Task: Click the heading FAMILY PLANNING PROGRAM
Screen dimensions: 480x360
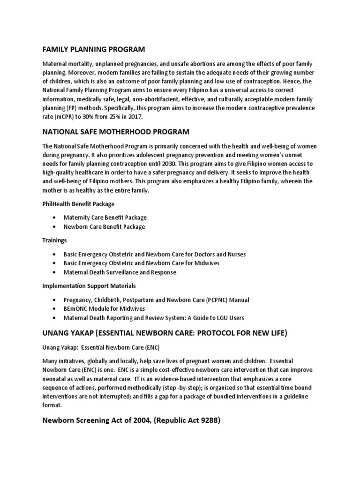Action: coord(94,49)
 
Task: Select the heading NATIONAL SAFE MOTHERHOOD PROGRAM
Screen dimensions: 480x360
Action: coord(116,132)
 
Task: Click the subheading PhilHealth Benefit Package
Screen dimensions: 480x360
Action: coord(79,204)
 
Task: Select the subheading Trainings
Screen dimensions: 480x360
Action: coord(54,240)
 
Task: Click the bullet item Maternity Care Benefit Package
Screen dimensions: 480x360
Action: coord(105,217)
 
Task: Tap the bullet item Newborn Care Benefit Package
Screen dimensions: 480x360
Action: coord(104,227)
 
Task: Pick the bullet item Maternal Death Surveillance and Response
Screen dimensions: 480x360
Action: coord(120,272)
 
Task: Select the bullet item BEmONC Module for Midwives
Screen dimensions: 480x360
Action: coord(104,309)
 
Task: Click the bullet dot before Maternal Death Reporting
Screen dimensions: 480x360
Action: coord(55,318)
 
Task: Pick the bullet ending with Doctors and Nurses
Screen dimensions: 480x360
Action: coord(155,254)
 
